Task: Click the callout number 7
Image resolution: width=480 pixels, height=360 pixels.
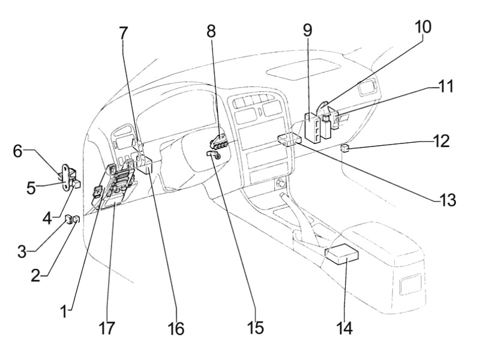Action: coord(124,34)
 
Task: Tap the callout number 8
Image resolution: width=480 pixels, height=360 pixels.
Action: coord(211,31)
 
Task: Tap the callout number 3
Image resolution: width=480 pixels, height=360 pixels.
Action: coord(22,251)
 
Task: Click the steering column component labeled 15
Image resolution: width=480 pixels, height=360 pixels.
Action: coord(212,155)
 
